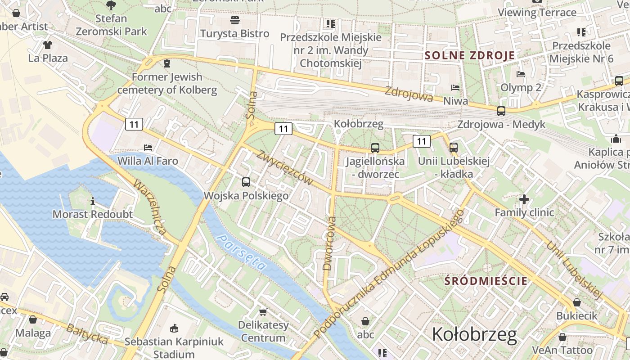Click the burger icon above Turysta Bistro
pos(234,20)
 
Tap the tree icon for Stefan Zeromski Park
pos(111,5)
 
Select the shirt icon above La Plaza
pos(48,45)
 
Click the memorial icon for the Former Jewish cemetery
pos(167,64)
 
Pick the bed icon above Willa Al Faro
pos(148,148)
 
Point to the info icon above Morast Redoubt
pos(93,201)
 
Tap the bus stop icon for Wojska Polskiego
pos(246,182)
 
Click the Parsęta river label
pos(241,252)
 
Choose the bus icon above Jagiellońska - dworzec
pos(375,148)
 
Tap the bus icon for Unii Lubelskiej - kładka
pos(453,148)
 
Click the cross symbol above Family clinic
pos(524,199)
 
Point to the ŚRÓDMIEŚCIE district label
pos(486,281)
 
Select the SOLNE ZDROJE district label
pos(470,56)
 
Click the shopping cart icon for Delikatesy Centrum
pos(263,311)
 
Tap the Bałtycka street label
pos(87,333)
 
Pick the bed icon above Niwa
pos(455,88)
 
